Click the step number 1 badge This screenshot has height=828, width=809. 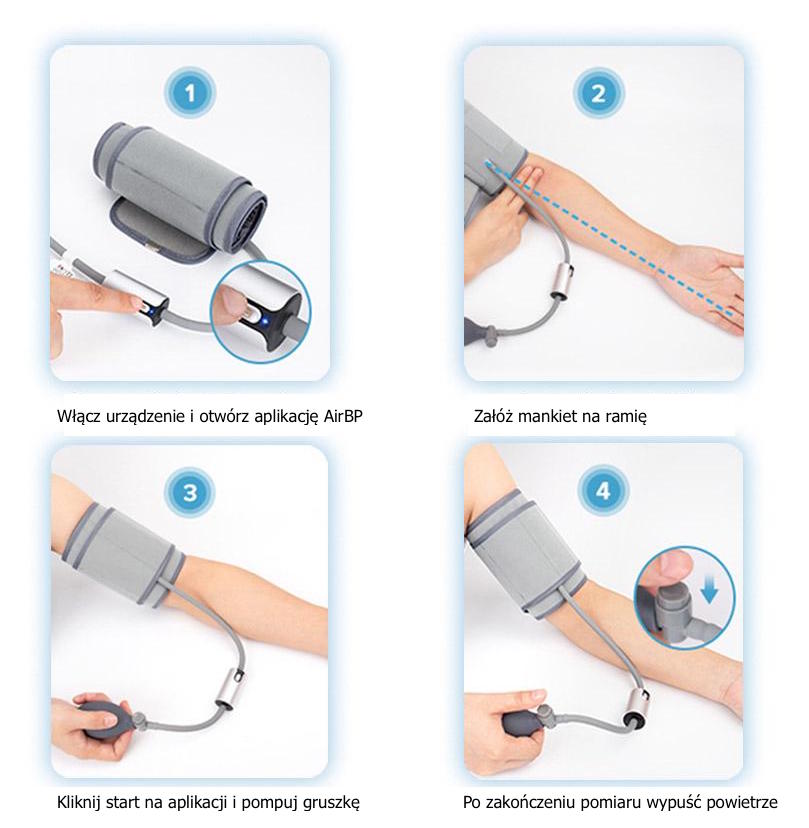click(x=190, y=93)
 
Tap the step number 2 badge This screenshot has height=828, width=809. click(x=598, y=93)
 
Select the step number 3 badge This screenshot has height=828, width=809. click(x=190, y=493)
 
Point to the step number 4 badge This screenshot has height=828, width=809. click(x=603, y=491)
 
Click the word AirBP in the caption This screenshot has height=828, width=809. click(x=343, y=416)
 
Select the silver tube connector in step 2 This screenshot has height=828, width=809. click(x=562, y=280)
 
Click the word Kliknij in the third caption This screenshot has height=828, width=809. click(x=79, y=803)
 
